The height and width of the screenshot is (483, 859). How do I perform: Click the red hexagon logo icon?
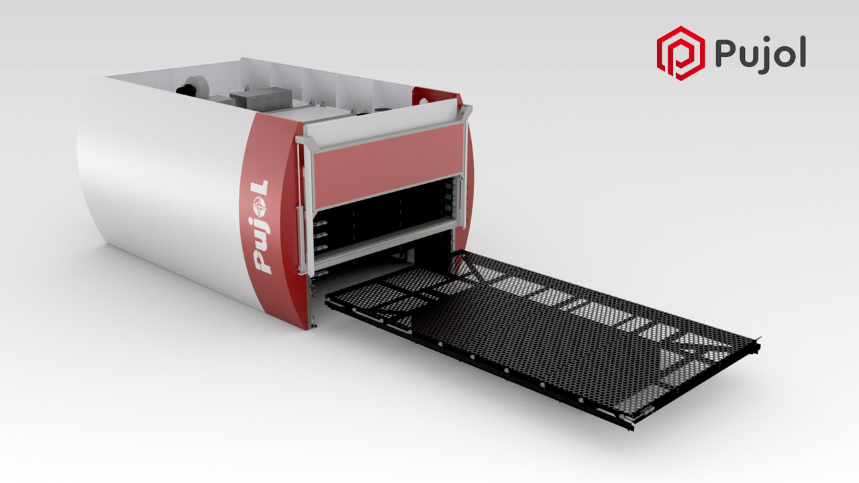(680, 53)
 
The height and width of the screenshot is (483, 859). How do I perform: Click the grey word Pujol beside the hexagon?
(760, 55)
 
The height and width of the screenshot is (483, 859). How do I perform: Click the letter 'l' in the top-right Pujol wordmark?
(802, 52)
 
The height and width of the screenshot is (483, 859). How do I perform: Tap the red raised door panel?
(388, 164)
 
